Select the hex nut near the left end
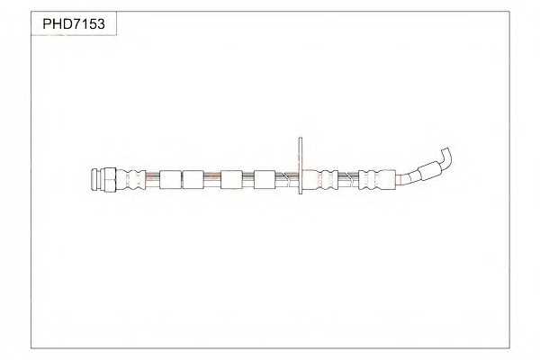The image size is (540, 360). tap(110, 179)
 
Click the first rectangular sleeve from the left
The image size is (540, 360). tap(170, 179)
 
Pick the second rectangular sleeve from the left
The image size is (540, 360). tap(193, 179)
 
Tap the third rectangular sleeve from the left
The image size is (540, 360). tap(231, 179)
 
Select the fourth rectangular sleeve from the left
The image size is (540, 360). tap(265, 179)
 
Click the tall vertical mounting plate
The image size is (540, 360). tap(301, 166)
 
